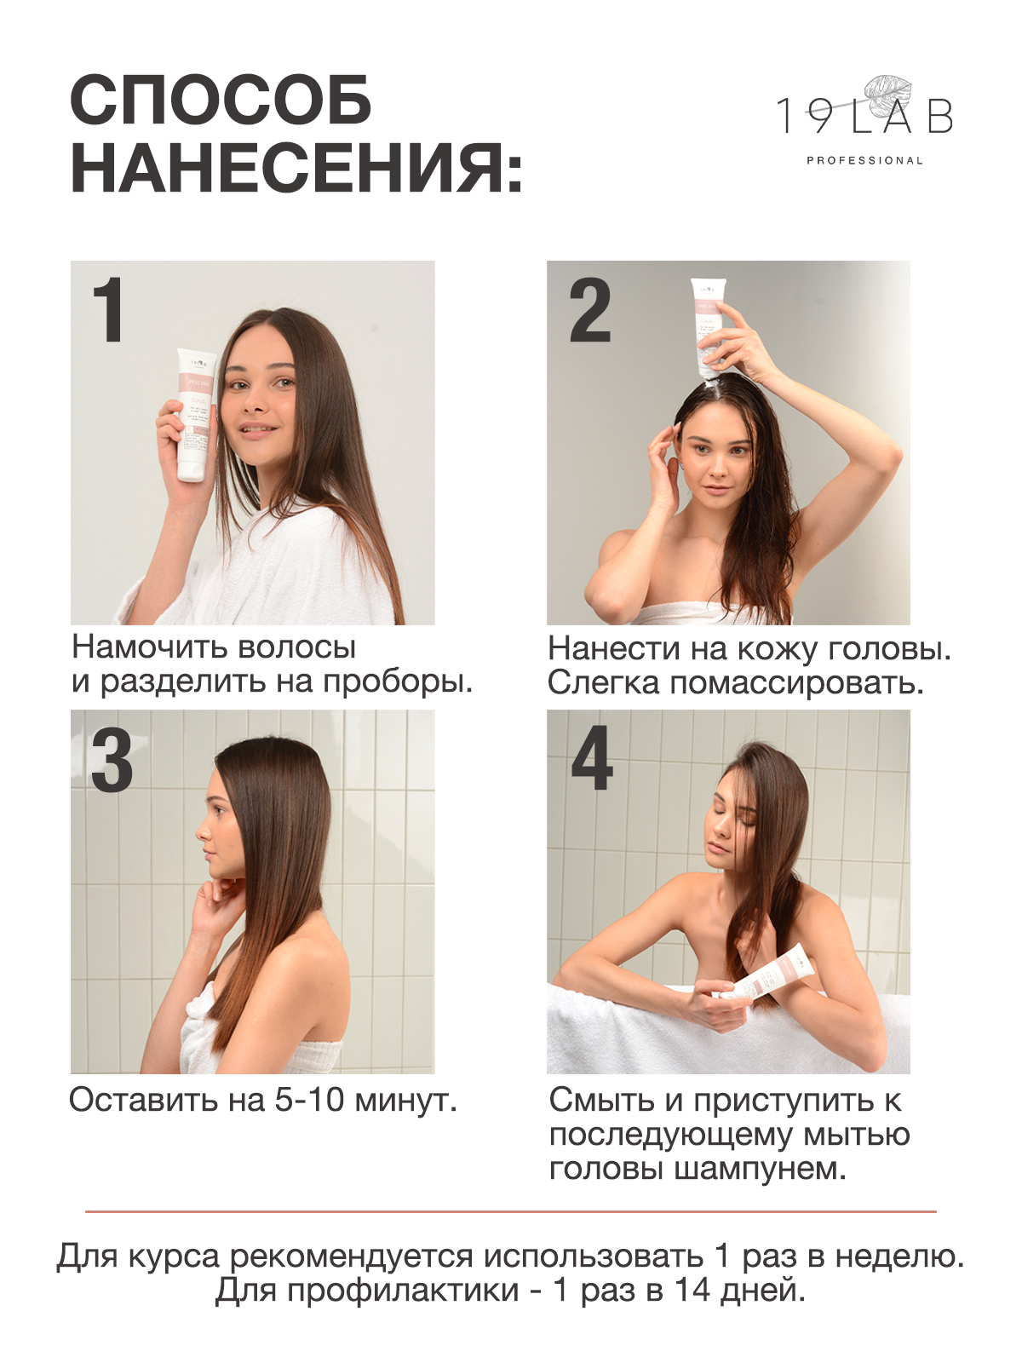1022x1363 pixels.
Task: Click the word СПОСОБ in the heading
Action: (221, 101)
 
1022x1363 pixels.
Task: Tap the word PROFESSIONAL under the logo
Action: (864, 160)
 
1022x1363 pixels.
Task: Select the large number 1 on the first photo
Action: (108, 309)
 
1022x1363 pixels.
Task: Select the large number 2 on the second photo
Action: (589, 310)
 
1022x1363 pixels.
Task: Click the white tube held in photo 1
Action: (196, 414)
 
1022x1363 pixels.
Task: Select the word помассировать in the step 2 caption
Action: (795, 683)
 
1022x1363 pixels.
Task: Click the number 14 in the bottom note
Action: (692, 1291)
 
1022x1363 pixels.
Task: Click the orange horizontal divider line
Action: (511, 1211)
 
